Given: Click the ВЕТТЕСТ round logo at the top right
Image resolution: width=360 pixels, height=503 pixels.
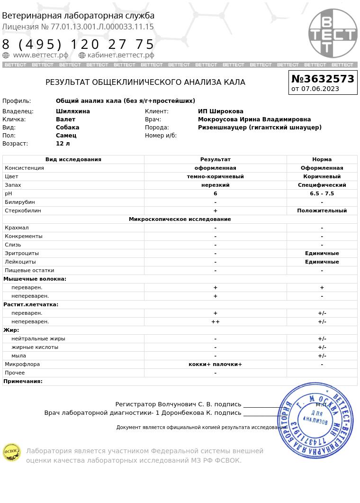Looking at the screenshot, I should (333, 33).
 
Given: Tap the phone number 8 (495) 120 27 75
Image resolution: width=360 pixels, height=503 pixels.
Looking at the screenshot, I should (78, 45).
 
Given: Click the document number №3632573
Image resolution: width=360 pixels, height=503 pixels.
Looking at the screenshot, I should (323, 79).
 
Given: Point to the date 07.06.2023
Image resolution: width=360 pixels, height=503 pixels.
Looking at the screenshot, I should (320, 89).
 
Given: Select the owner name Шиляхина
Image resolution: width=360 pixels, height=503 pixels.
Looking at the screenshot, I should (73, 111).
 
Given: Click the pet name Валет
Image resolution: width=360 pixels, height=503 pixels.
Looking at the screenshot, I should (65, 119).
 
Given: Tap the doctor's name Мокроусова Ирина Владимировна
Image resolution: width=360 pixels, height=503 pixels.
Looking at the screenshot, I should (254, 119).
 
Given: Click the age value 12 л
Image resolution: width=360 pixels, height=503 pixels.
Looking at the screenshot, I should (63, 144).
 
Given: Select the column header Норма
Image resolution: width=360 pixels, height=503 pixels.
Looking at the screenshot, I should (322, 159).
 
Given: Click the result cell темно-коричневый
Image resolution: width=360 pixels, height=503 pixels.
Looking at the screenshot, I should (215, 176).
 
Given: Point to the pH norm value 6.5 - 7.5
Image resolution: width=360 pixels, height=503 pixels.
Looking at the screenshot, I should (322, 193).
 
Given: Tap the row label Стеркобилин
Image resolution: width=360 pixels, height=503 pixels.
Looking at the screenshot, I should (23, 210).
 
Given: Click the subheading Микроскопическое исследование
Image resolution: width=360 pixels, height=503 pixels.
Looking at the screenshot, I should (180, 219).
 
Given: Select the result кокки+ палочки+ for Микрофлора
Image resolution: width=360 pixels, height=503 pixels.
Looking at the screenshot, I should (215, 364).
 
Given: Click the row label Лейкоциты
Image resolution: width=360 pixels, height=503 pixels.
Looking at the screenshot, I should (20, 262).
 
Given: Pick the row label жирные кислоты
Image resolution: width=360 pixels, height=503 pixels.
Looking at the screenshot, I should (35, 347).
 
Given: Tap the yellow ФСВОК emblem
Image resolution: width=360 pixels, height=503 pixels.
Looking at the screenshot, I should (12, 452).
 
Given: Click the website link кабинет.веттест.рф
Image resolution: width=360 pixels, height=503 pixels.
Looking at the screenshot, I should (121, 55).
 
